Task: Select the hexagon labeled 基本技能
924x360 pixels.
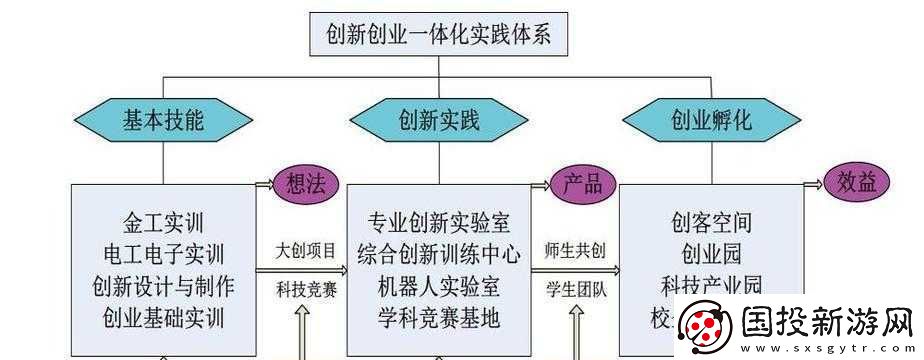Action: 164,122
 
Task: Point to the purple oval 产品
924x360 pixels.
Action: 581,184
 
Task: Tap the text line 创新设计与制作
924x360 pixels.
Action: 164,286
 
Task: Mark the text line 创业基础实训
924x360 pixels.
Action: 164,319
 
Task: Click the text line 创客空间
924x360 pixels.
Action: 711,221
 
